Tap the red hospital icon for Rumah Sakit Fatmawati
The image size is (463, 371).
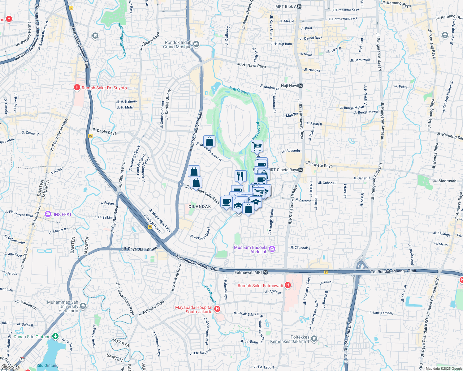[288, 285]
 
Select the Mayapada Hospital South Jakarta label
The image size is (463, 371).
[194, 309]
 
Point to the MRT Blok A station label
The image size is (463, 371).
[286, 6]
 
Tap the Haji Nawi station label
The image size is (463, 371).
[289, 86]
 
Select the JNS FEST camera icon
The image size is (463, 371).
[48, 214]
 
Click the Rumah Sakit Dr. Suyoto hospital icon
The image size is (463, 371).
[77, 88]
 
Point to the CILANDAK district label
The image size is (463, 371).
[200, 207]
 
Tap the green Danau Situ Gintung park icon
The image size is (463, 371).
[55, 336]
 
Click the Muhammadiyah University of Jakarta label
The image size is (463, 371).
[63, 306]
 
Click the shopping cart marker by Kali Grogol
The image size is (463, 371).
[257, 146]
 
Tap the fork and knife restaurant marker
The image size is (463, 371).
[240, 176]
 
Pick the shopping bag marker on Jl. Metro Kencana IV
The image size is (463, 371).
[209, 141]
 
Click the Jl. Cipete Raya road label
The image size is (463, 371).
[319, 164]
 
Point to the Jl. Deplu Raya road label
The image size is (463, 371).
[104, 132]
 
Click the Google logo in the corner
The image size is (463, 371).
[10, 367]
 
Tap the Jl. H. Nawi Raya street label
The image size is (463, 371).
[251, 65]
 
